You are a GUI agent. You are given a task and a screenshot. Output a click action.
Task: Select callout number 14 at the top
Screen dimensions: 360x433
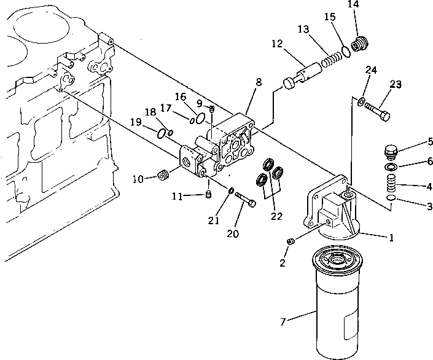(x=353, y=5)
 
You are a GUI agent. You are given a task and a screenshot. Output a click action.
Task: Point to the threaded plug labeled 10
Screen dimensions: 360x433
(x=163, y=176)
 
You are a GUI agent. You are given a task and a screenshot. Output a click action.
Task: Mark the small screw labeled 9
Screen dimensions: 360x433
(x=212, y=109)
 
